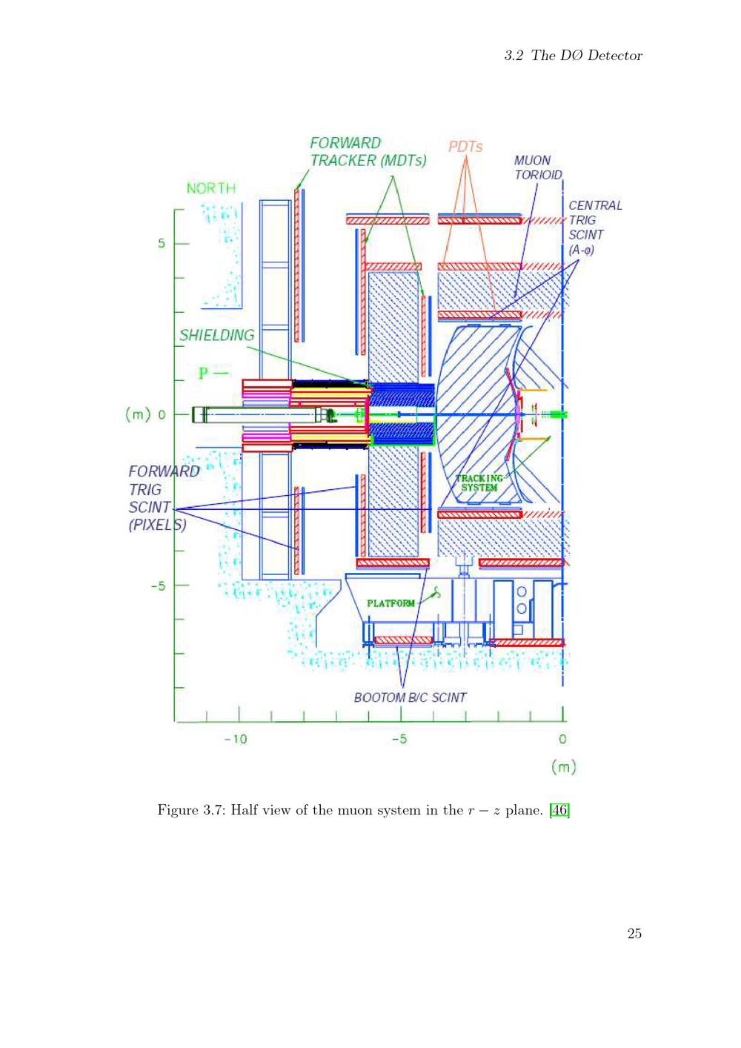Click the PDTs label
(465, 147)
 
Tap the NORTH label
(211, 188)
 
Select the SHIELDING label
(217, 335)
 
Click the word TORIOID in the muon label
(539, 175)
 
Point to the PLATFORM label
(391, 603)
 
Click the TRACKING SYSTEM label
(479, 482)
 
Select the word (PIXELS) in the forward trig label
(158, 525)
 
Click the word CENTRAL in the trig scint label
(595, 205)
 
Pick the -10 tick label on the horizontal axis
(236, 739)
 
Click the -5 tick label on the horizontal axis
(399, 739)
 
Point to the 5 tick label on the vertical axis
(162, 243)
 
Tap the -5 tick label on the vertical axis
(158, 586)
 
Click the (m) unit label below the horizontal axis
(563, 767)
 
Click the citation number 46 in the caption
(559, 809)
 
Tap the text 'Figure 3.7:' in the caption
(192, 810)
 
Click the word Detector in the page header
(615, 56)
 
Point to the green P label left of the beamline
(204, 374)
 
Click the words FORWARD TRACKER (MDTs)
(368, 152)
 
